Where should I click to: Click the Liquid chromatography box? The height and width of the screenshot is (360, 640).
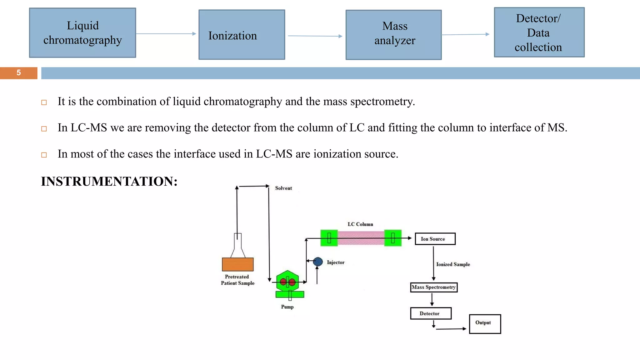tap(82, 33)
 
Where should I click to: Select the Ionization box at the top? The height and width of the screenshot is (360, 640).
tap(242, 35)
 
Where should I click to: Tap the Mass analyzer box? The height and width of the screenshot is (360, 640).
tap(393, 35)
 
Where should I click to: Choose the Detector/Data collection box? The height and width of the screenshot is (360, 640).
tap(539, 32)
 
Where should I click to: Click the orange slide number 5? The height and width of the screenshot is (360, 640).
tap(19, 73)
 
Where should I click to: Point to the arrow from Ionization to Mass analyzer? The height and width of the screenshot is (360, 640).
tap(315, 36)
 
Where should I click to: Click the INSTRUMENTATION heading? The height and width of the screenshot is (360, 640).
tap(109, 182)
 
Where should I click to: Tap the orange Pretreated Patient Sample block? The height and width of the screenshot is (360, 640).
tap(237, 264)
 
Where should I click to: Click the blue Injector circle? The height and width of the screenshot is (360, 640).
tap(318, 261)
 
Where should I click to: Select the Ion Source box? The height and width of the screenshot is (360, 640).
tap(435, 239)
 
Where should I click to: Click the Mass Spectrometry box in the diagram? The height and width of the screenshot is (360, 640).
tap(434, 287)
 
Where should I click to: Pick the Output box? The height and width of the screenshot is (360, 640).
tap(485, 324)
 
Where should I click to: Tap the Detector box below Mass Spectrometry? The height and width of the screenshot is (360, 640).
tap(431, 313)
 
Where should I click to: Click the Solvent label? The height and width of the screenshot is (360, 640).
tap(283, 188)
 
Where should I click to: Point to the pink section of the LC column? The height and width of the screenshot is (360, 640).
tap(361, 238)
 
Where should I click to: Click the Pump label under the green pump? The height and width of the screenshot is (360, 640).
tap(287, 307)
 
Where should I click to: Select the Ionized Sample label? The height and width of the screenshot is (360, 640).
tap(453, 264)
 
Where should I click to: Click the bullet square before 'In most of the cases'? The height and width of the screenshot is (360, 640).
tap(44, 155)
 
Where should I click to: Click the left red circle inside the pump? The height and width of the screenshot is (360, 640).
tap(283, 282)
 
